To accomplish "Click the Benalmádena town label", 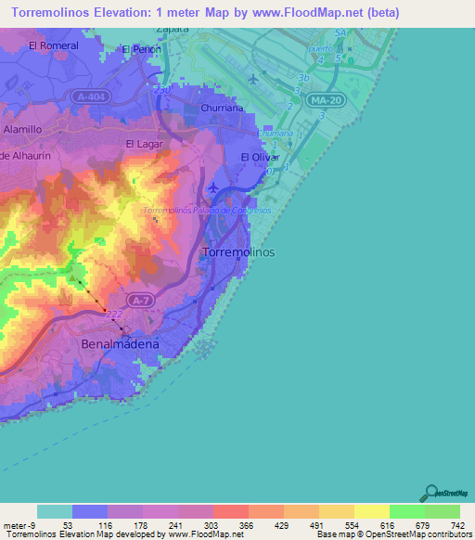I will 120,343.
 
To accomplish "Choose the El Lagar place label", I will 143,144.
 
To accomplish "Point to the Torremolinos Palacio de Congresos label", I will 207,211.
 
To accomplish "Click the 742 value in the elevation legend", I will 457,525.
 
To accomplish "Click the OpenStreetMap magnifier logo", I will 430,493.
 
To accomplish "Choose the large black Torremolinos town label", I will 237,251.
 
